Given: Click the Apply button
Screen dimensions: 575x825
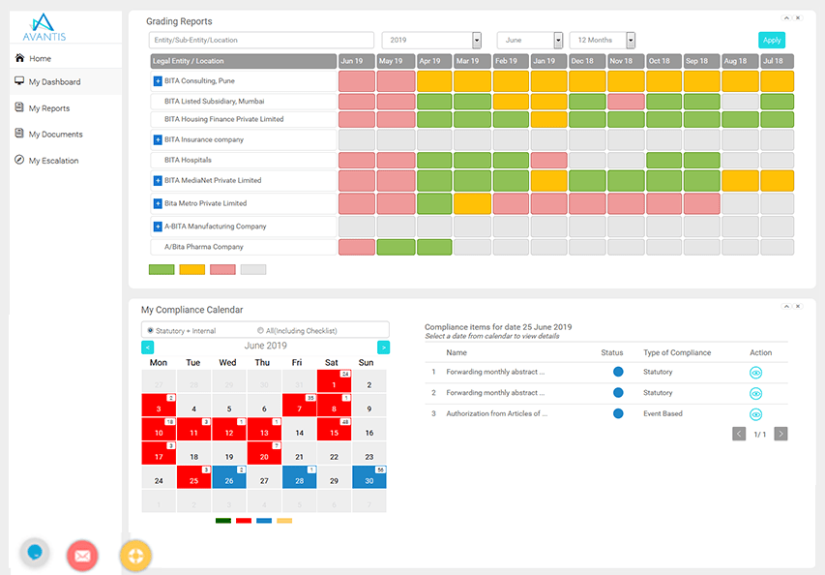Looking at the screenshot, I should pos(771,41).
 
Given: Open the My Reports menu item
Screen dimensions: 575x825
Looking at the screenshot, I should pos(48,108).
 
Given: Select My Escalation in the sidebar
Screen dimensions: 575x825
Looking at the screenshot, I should pos(53,161).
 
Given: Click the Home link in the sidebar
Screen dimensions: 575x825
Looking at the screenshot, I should pos(40,59).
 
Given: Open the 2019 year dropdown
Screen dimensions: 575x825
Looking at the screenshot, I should pos(477,41).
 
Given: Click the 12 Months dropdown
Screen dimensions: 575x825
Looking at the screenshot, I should pos(631,41).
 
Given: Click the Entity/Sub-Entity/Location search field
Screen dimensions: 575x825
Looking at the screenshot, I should pos(261,41).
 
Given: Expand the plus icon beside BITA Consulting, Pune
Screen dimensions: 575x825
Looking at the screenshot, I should pos(158,81).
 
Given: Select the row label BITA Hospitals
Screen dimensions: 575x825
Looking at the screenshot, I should pos(188,160).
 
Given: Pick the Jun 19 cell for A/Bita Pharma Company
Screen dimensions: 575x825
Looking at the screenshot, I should pos(357,247).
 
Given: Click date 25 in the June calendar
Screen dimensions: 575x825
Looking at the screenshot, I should pos(193,480).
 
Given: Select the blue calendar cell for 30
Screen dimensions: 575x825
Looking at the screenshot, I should pos(368,480).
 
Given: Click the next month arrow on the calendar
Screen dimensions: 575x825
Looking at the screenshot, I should pos(383,347).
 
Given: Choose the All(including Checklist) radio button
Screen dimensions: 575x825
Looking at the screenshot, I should pos(261,331).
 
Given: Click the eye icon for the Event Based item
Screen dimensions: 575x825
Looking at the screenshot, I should pos(756,414).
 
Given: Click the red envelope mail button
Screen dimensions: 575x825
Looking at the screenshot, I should pos(82,556).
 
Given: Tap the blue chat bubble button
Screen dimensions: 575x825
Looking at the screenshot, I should pos(36,553).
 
